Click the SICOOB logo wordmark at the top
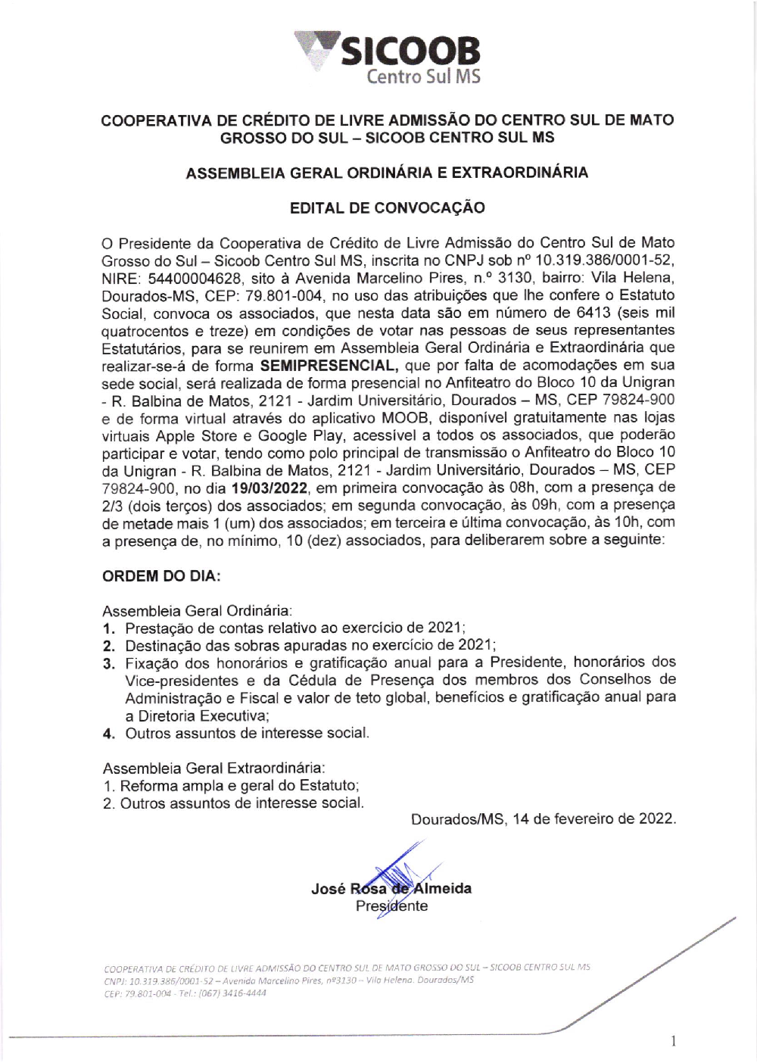[x=410, y=51]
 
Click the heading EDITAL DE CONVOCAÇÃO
[x=388, y=207]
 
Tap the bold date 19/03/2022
[x=270, y=488]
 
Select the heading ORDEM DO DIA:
[x=161, y=575]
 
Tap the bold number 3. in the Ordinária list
[x=109, y=663]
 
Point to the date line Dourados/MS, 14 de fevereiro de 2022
[x=543, y=818]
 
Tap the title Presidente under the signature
[x=391, y=906]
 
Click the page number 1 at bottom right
[x=673, y=1042]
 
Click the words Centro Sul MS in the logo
[x=423, y=76]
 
